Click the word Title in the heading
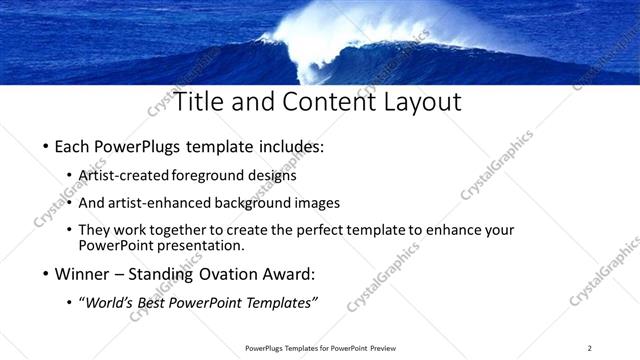(199, 102)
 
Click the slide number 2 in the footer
(589, 348)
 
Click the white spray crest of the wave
(330, 30)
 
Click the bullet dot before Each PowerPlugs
(46, 147)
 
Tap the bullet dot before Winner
(46, 273)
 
